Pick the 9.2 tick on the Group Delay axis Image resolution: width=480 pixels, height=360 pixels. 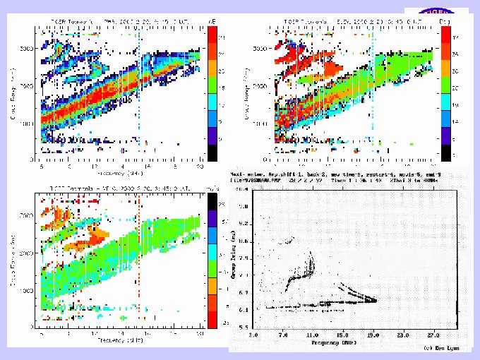point(243,222)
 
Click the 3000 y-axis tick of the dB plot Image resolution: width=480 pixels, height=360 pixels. point(28,49)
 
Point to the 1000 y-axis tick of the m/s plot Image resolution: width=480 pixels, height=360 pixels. point(28,290)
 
